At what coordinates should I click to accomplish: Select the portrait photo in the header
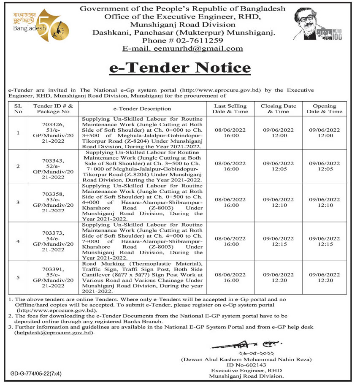point(309,22)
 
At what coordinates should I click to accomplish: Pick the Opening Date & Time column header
point(324,109)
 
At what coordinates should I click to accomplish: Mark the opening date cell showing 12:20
point(324,277)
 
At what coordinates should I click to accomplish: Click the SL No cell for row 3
point(18,202)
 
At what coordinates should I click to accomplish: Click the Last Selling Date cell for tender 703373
point(230,241)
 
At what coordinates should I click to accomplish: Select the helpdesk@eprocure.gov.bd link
point(53,333)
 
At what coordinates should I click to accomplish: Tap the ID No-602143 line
point(247,364)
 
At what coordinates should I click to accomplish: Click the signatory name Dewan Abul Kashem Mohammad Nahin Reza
point(247,359)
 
